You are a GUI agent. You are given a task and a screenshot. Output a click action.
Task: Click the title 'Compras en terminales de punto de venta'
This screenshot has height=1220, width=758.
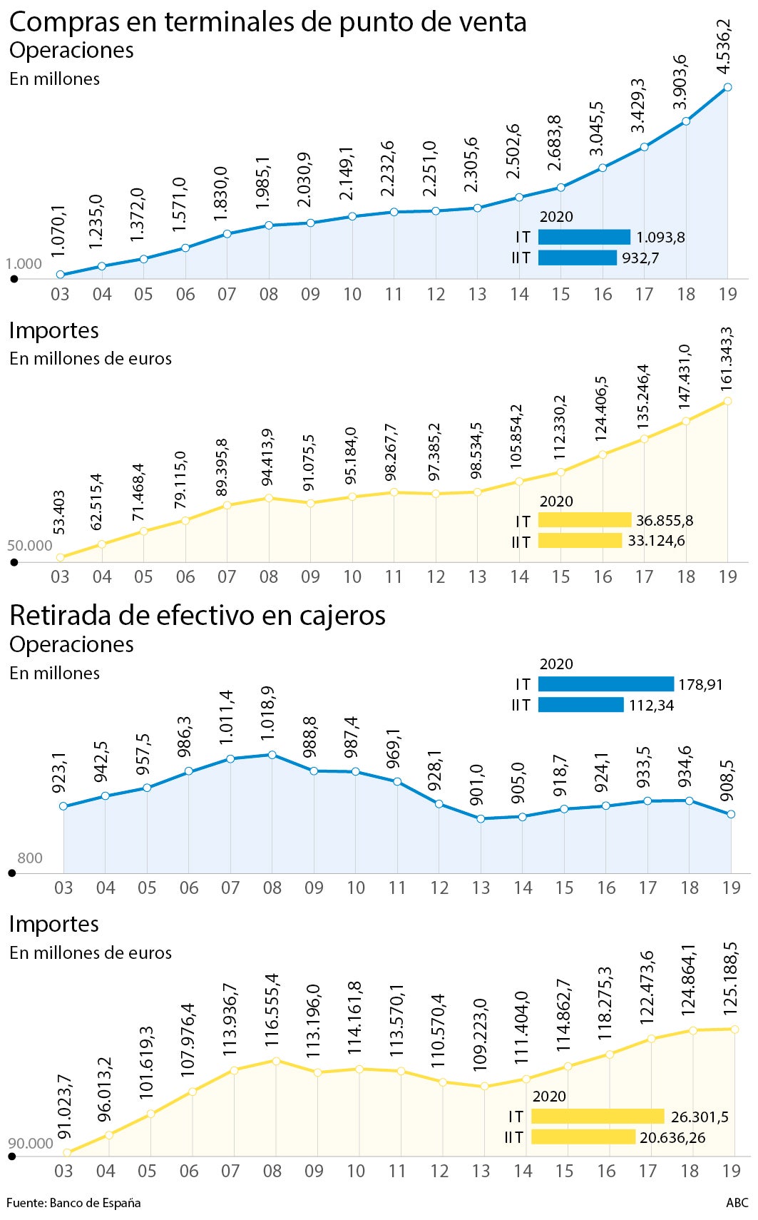point(267,22)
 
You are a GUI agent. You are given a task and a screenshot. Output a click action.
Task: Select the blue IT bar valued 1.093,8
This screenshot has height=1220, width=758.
point(583,237)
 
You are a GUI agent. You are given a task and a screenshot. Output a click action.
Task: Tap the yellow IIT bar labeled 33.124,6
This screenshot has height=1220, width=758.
point(579,541)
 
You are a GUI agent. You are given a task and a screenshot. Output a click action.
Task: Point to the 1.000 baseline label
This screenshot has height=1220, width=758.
point(24,263)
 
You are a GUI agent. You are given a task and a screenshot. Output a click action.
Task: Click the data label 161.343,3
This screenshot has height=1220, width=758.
point(727,358)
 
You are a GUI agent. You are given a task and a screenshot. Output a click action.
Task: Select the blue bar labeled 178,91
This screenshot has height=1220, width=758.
point(605,684)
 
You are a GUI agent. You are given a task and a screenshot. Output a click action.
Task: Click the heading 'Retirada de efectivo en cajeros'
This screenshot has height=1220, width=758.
point(197,615)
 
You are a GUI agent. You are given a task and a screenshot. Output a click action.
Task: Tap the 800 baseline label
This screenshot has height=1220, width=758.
point(30,858)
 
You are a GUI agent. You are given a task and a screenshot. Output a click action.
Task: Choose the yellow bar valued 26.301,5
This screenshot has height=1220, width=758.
point(597,1117)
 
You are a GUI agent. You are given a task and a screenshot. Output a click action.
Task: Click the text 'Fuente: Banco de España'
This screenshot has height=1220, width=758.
point(73,1203)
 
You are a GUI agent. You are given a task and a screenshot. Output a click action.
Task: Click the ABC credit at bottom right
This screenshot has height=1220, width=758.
point(737,1203)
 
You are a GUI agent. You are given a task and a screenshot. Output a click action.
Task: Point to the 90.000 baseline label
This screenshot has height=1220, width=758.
point(31,1143)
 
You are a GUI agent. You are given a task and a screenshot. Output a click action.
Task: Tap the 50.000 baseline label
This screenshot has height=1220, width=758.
point(30,546)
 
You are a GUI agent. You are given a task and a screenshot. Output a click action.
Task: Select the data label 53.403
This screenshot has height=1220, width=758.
point(59,512)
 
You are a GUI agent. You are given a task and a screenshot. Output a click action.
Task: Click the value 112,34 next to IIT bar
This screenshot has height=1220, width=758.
point(651,706)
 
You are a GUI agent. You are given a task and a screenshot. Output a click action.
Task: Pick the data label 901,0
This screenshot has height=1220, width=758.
point(477,785)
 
